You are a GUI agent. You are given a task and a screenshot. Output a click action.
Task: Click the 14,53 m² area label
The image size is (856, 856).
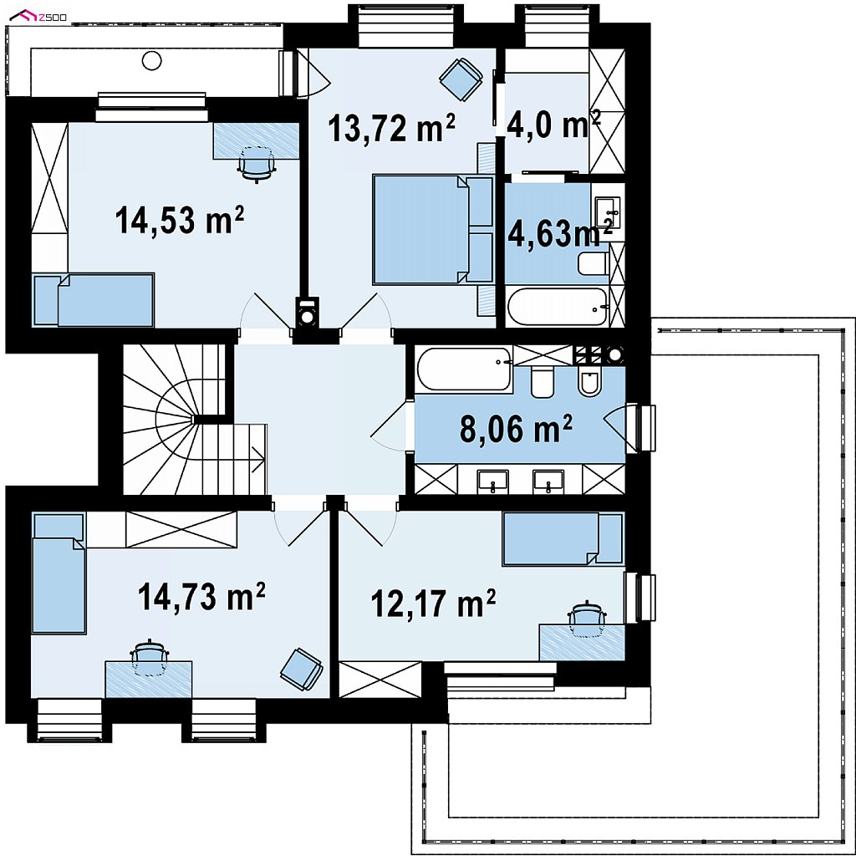[x=179, y=220]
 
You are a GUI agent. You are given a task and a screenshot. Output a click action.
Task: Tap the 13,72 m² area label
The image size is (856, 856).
[x=391, y=128]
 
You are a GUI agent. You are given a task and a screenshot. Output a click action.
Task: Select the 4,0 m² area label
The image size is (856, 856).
[x=553, y=125]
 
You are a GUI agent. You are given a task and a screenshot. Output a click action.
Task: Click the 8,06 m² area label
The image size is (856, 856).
[x=516, y=429]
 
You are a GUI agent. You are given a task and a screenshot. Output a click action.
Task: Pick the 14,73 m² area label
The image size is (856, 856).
[x=201, y=596]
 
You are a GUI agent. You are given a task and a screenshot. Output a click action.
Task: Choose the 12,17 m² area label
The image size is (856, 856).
[x=434, y=604]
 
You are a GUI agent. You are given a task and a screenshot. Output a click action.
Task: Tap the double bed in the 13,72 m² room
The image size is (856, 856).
[x=433, y=229]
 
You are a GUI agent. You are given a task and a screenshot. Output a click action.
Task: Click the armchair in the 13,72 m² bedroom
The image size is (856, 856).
[x=461, y=79]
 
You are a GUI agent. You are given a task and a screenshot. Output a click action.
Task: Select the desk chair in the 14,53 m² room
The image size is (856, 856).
[x=257, y=164]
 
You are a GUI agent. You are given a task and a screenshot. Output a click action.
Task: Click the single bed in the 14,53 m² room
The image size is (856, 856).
[x=94, y=300]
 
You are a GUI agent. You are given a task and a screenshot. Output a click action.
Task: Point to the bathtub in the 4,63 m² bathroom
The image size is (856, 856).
[x=558, y=308]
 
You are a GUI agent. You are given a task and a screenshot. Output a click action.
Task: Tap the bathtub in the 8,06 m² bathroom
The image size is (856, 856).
[x=464, y=369]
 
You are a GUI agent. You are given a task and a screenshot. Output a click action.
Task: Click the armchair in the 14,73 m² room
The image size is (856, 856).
[x=301, y=670]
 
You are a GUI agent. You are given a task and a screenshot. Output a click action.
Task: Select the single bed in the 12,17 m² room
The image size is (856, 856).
[x=563, y=538]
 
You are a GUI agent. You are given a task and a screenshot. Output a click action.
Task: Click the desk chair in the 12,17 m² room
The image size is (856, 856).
[x=588, y=619]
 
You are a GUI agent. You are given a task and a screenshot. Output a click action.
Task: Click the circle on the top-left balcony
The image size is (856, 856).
[x=152, y=60]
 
